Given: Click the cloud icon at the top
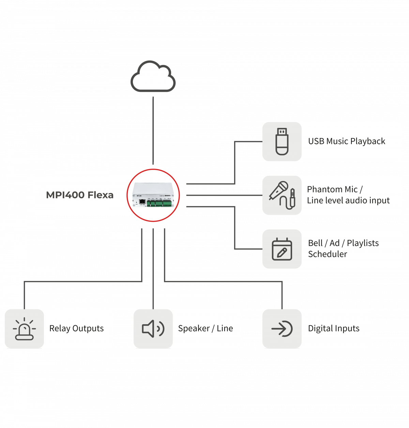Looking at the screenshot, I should point(153,77).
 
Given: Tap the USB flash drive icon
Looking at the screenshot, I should point(282,142).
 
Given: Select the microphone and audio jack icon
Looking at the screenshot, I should point(282,195).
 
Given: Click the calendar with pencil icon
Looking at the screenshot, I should point(282,249).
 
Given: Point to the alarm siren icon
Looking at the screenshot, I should point(24,329).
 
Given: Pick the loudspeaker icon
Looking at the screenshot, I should point(153,329).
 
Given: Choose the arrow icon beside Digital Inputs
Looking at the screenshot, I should point(282,329).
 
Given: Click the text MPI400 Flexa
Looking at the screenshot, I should point(80,195).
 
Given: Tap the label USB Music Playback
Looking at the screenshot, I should point(347,141).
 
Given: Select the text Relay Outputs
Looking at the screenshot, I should point(76,328).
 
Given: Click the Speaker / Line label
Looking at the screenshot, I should point(206,328).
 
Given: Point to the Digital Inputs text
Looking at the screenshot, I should point(334,328).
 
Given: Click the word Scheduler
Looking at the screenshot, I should point(328,254).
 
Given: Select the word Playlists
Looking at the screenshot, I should point(363,243).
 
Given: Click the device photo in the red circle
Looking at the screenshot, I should point(153,195).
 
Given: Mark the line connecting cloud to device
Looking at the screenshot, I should point(153,129).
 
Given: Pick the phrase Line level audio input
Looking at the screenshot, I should point(348,200).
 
